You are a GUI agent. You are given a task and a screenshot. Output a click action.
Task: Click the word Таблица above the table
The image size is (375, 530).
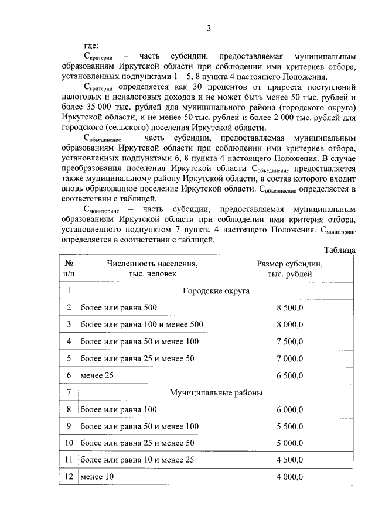pyautogui.click(x=339, y=250)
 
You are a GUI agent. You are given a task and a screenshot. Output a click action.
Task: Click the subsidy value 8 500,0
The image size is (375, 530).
pyautogui.click(x=290, y=307)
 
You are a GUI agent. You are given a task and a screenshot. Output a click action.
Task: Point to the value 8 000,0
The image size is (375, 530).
pyautogui.click(x=290, y=324)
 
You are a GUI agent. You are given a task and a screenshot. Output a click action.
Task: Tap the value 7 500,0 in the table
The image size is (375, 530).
pyautogui.click(x=290, y=341)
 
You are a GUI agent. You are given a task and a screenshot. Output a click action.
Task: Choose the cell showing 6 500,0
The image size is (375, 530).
pyautogui.click(x=290, y=375)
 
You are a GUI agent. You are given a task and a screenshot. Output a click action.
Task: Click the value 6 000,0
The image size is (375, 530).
pyautogui.click(x=290, y=409)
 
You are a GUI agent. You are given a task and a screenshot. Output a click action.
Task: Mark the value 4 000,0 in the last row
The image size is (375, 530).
pyautogui.click(x=290, y=477)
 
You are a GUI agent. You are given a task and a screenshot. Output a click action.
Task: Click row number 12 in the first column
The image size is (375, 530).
pyautogui.click(x=69, y=477)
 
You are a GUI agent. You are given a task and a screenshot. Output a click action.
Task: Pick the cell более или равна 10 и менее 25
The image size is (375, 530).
pyautogui.click(x=137, y=460)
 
